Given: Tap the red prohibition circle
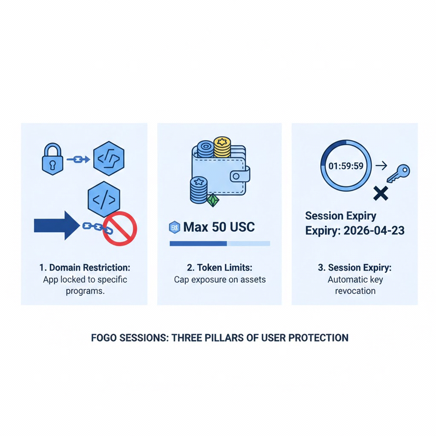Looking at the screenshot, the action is tap(120, 229).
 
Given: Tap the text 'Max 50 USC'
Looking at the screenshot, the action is tap(219, 227).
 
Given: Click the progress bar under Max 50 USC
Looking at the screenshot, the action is tap(220, 244).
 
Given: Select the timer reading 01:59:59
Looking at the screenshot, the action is tap(345, 165).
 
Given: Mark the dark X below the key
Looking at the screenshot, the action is tap(380, 193).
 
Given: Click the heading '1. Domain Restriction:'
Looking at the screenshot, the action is tap(85, 268).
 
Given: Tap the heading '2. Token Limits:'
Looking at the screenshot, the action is tap(220, 268).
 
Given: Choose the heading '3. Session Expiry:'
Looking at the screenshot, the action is tap(354, 268).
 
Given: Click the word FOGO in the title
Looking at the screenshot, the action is tap(104, 338).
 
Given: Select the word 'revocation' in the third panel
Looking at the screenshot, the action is tap(355, 291).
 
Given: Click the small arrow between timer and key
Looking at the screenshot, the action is tap(379, 165).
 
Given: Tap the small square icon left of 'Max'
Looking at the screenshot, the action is tap(174, 227).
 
